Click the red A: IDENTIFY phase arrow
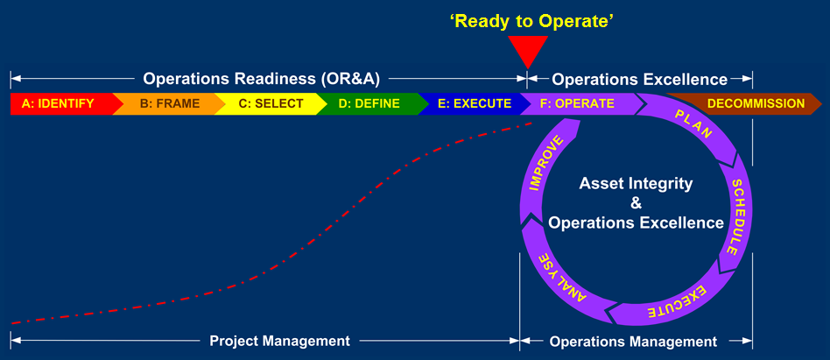[x=58, y=104]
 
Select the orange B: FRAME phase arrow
[x=169, y=104]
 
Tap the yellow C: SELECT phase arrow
[x=271, y=104]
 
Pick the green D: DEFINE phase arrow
[x=369, y=104]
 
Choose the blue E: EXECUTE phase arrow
[x=474, y=104]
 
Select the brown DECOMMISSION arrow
[x=755, y=104]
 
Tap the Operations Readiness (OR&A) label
[x=261, y=79]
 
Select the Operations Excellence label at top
[x=639, y=79]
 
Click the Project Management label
[x=279, y=341]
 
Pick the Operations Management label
[x=633, y=341]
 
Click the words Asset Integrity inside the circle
[x=636, y=184]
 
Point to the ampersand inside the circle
[x=636, y=203]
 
